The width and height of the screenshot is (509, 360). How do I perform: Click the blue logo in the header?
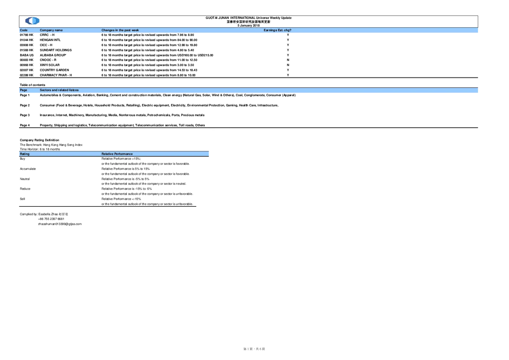click(32, 21)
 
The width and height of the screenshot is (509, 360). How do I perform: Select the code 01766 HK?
click(26, 35)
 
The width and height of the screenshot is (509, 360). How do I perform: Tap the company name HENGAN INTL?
click(50, 40)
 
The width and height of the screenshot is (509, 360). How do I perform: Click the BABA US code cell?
click(26, 55)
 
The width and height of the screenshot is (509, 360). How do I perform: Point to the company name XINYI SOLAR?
click(50, 65)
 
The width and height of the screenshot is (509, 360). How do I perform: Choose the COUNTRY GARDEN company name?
click(54, 70)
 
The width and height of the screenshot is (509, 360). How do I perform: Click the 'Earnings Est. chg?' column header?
click(278, 30)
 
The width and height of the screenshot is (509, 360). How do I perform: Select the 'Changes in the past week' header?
click(120, 30)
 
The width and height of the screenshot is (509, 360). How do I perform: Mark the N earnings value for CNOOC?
click(288, 60)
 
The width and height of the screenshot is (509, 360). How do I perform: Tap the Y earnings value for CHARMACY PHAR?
click(288, 75)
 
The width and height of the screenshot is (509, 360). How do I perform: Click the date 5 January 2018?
click(249, 25)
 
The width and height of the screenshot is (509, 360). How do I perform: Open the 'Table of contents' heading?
click(33, 85)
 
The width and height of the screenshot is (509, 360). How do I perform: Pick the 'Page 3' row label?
click(25, 115)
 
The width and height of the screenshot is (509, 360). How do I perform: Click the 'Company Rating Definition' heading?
click(40, 140)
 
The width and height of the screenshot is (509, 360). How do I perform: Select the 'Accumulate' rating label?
click(28, 169)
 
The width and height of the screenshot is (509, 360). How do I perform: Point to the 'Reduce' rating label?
click(25, 189)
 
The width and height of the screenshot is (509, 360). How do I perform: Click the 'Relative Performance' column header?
click(117, 154)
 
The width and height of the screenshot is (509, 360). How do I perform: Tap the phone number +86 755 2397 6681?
click(51, 219)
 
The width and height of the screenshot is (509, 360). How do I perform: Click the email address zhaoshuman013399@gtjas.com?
click(60, 224)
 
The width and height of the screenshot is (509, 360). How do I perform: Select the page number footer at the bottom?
click(254, 349)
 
